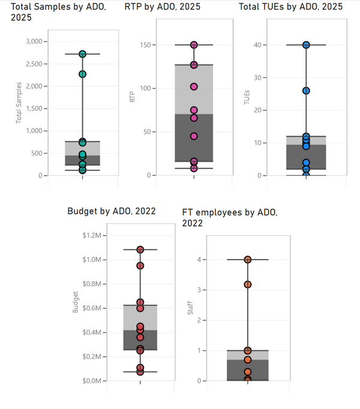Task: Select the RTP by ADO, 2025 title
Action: [x=163, y=7]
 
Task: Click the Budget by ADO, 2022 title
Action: [x=112, y=210]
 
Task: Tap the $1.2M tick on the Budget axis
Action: [x=93, y=235]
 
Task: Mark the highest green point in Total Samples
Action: [x=83, y=54]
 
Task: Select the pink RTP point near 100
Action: [x=194, y=87]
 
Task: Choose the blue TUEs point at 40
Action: [x=306, y=45]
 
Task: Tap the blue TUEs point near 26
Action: [x=306, y=91]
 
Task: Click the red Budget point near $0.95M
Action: [x=140, y=265]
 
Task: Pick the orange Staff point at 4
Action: [x=248, y=260]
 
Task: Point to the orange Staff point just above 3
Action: [x=248, y=284]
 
